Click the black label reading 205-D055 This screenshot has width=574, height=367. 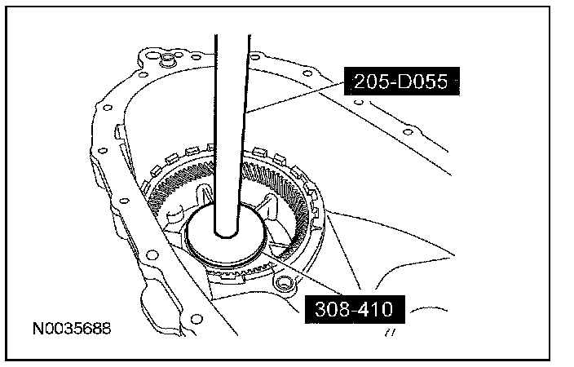click(x=402, y=81)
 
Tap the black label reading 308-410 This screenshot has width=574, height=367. click(x=355, y=309)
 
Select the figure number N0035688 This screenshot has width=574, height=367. click(x=72, y=329)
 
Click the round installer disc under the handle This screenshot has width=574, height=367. click(x=225, y=235)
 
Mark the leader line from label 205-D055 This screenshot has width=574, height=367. click(x=295, y=97)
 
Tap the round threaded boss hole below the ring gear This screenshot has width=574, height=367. click(x=284, y=283)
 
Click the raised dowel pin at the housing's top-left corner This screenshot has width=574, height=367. click(x=168, y=58)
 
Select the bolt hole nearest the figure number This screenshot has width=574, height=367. click(x=197, y=319)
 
